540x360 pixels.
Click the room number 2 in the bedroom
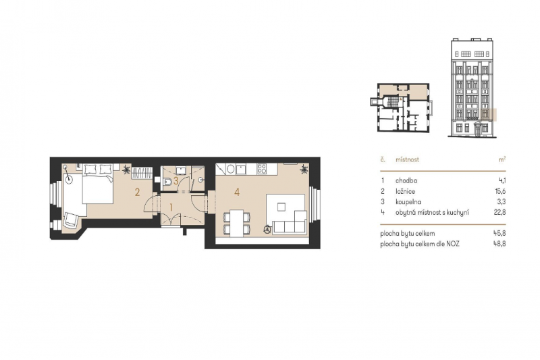coord(137,192)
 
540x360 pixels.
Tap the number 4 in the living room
coord(237,192)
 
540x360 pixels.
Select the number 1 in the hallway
coord(171,207)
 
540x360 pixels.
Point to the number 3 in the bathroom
coord(176,180)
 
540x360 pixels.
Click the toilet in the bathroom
coord(167,181)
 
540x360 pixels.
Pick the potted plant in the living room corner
coord(305,168)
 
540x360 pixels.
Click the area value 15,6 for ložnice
coord(500,191)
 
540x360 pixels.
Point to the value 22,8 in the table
coord(500,213)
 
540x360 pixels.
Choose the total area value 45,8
coord(500,232)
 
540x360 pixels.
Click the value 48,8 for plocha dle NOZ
coord(500,242)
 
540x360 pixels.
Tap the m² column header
coord(502,160)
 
